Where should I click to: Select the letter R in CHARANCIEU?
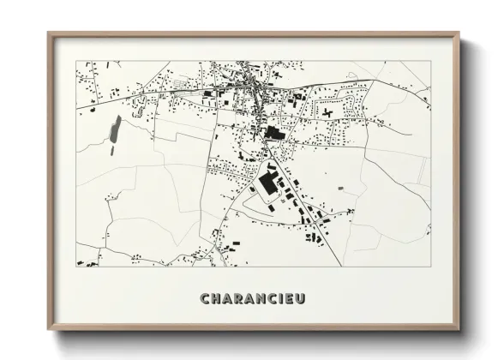(239, 299)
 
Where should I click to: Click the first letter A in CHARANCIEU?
(227, 299)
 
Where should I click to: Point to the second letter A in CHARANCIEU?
(251, 299)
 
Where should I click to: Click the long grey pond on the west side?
(114, 129)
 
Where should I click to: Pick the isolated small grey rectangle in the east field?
(340, 188)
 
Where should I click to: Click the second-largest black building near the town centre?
(273, 133)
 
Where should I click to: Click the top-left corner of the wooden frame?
(48, 33)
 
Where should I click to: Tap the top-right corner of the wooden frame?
(459, 33)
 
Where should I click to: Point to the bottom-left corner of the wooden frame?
(48, 331)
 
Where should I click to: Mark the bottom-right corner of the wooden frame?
(459, 331)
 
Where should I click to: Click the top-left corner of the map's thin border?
(76, 61)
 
